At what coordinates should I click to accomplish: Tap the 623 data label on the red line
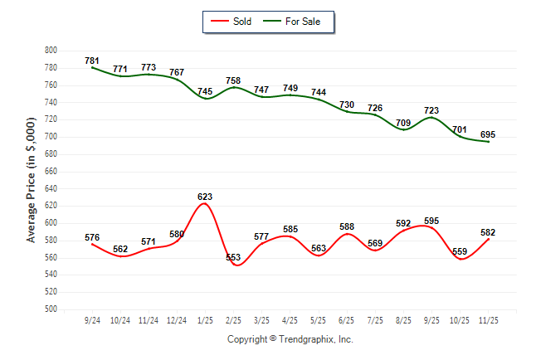pos(205,197)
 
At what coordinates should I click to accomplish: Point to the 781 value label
pos(92,61)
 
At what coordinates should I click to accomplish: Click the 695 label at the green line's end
pos(488,134)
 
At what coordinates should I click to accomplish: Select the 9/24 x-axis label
pos(93,319)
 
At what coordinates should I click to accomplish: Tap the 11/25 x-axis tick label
pos(488,319)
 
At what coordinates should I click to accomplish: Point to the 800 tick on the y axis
pos(51,51)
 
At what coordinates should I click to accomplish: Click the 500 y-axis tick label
pos(51,309)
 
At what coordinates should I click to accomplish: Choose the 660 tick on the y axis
pos(51,172)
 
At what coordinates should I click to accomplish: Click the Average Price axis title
pos(32,179)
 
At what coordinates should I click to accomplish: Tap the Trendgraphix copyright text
pos(290,339)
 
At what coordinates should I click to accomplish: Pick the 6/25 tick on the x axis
pos(347,319)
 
